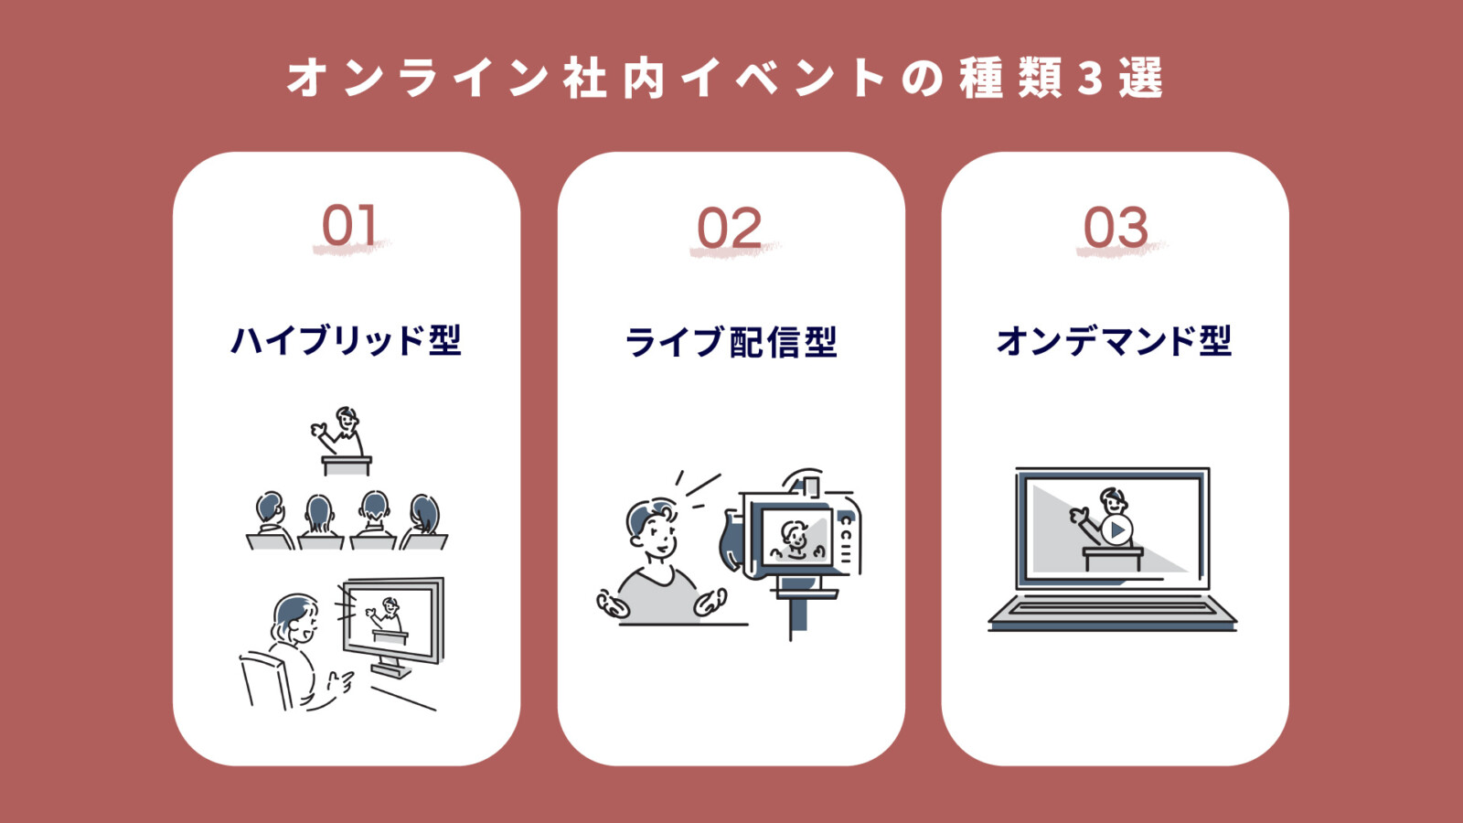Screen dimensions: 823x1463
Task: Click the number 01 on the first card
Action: pyautogui.click(x=348, y=227)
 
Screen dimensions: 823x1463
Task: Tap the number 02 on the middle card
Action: pyautogui.click(x=729, y=229)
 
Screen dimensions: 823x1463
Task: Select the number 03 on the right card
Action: pyautogui.click(x=1115, y=229)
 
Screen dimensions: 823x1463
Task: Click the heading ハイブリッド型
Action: pyautogui.click(x=346, y=341)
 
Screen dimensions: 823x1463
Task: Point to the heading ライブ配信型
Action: pyautogui.click(x=731, y=343)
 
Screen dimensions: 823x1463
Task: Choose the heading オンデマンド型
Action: pyautogui.click(x=1114, y=341)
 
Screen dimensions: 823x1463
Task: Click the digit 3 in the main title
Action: pyautogui.click(x=1090, y=79)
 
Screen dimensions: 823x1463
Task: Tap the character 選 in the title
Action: pyautogui.click(x=1140, y=79)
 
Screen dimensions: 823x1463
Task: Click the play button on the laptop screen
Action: pyautogui.click(x=1116, y=529)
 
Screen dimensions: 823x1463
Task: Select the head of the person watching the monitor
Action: pyautogui.click(x=295, y=618)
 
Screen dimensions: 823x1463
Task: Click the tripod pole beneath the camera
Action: pyautogui.click(x=792, y=618)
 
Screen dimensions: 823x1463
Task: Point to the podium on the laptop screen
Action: pyautogui.click(x=1112, y=557)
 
